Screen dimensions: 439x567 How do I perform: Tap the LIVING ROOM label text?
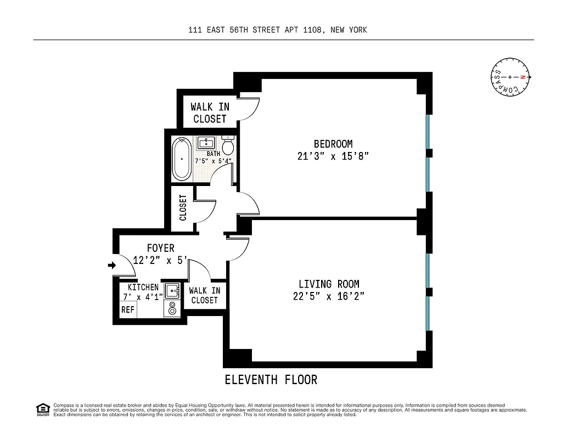tap(329, 284)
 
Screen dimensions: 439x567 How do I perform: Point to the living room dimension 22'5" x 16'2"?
tap(329, 296)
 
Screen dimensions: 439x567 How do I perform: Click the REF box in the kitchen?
tap(127, 309)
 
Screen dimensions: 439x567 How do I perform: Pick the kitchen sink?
tap(172, 291)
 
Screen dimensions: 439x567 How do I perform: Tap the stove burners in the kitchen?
tap(172, 309)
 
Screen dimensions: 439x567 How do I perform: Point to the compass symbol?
tap(510, 77)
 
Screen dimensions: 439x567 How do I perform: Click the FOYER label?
tap(160, 249)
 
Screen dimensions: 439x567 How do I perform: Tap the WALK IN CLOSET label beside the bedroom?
tap(210, 112)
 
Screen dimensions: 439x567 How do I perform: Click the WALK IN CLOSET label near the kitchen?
tap(205, 295)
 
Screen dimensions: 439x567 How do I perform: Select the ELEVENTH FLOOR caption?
tap(271, 379)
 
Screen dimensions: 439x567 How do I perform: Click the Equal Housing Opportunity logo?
tap(42, 409)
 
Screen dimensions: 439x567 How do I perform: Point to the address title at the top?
tap(277, 30)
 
